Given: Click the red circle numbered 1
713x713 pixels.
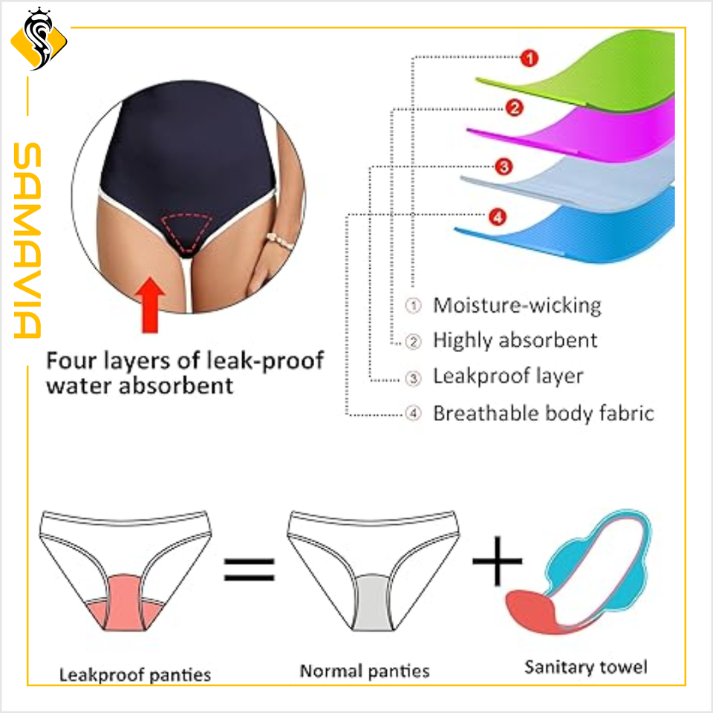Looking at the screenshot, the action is (528, 58).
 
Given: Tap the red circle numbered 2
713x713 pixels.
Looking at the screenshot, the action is (514, 108).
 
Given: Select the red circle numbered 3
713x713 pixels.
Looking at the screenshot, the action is (504, 167).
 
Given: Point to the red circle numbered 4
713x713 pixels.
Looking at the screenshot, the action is (497, 218).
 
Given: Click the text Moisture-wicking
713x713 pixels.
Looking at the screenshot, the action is (517, 305).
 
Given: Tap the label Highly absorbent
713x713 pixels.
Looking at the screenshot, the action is (515, 341).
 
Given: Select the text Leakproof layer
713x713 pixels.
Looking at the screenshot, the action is (508, 377).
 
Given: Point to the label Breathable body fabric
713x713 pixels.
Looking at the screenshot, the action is (543, 413).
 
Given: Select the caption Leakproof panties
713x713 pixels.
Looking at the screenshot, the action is (135, 674).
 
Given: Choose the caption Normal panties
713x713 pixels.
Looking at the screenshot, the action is (365, 671).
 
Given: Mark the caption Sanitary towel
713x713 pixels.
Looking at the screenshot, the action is (585, 666).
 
